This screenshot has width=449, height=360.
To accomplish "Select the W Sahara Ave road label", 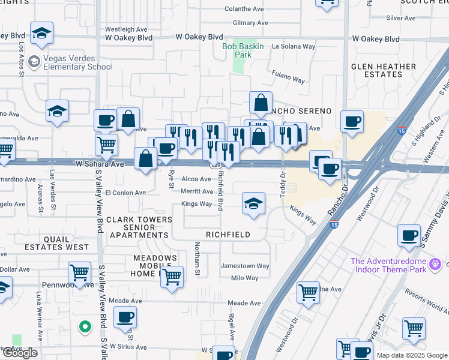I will [100, 163].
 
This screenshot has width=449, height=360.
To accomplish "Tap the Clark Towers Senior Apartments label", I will [137, 227].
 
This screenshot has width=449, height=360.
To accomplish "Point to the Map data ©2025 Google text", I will [412, 355].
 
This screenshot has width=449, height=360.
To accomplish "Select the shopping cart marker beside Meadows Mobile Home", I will [172, 277].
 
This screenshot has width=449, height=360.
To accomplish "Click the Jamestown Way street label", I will [245, 266].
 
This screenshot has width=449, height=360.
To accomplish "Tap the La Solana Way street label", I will [294, 46].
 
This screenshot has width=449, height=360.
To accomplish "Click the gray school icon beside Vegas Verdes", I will [34, 61].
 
